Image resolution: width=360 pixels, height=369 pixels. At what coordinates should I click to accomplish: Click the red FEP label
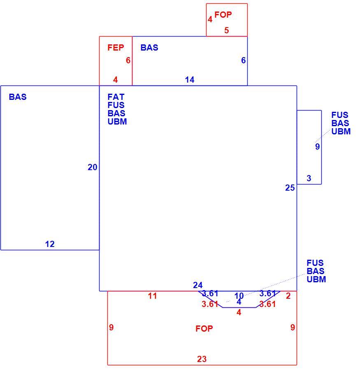pos(116,48)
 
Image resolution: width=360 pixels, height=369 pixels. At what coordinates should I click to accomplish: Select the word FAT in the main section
pos(116,97)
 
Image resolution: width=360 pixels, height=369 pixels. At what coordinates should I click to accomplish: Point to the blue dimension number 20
pos(92,167)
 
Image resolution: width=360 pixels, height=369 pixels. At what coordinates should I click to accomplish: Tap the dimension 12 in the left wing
pos(50,244)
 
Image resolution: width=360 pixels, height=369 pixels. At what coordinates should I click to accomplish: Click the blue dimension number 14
pos(190,80)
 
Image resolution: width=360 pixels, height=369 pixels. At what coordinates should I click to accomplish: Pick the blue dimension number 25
pos(290,188)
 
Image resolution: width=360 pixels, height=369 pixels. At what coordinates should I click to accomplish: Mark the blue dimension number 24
pos(197,285)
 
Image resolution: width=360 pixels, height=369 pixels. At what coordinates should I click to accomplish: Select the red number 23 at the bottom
pos(202,359)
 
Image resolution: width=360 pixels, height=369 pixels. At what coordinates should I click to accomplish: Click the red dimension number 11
pos(153,296)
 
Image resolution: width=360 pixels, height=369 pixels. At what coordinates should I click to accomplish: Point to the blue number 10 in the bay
pos(239,295)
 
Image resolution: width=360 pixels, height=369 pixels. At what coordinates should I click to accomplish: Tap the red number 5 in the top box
pos(226,30)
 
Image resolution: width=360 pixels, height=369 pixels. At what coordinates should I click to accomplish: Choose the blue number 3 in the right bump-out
pos(309,178)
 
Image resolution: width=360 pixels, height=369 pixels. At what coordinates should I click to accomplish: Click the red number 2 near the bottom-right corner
pos(288,296)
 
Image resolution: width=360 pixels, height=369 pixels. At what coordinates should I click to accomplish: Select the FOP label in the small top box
pos(223,15)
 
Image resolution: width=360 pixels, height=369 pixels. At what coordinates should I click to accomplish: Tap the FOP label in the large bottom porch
pos(204,328)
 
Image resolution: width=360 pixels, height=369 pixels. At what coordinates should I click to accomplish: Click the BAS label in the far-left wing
pos(18,97)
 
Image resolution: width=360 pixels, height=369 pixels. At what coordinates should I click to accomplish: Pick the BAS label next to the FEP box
pos(149,48)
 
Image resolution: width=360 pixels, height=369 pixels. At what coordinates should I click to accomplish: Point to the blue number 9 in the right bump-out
pos(317,147)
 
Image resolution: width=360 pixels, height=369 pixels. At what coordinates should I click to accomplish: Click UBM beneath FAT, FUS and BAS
pos(117,122)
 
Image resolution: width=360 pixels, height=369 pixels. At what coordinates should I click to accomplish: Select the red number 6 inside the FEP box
pos(128,60)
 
